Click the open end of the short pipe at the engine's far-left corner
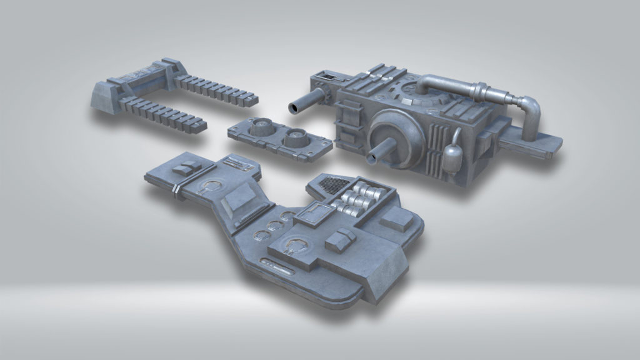tap(293, 109)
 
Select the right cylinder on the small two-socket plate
tap(296, 136)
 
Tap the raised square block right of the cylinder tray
tap(399, 219)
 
